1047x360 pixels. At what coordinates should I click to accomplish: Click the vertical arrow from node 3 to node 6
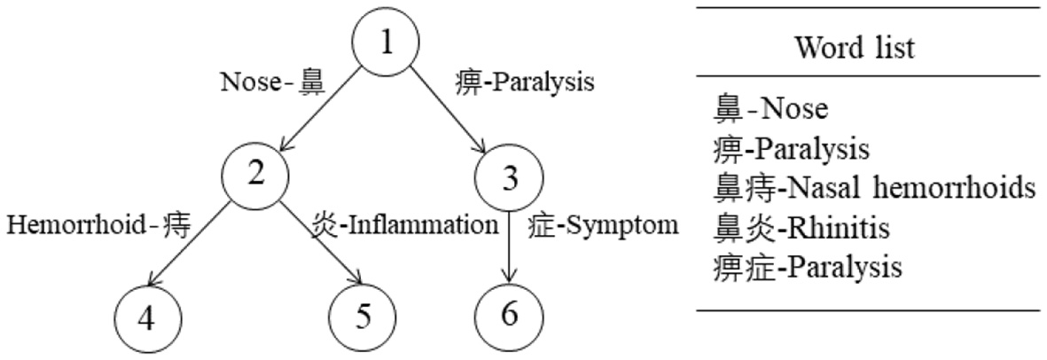[509, 248]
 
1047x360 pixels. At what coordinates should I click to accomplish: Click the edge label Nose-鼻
[273, 82]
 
